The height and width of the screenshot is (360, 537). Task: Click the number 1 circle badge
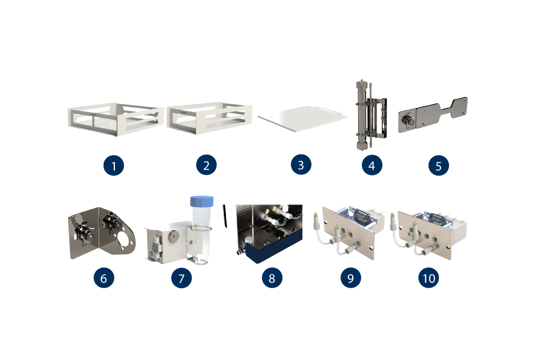(114, 166)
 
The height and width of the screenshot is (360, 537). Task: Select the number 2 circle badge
(206, 165)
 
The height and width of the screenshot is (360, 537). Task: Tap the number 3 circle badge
(301, 165)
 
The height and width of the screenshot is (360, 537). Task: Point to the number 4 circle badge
(372, 165)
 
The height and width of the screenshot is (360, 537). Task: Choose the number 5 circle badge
(439, 166)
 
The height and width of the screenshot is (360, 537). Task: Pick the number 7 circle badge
(182, 278)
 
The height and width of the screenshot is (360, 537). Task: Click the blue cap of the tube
(202, 201)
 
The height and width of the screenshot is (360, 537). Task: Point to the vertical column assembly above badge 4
(371, 115)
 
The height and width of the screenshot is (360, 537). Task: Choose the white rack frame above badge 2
(209, 117)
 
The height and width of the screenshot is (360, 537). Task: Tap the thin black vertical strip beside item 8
(224, 216)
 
